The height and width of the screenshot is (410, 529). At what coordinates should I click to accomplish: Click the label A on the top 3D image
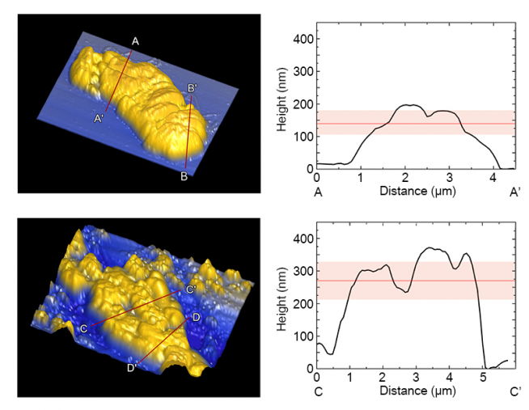pyautogui.click(x=135, y=40)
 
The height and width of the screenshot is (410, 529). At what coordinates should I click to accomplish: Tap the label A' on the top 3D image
pyautogui.click(x=99, y=119)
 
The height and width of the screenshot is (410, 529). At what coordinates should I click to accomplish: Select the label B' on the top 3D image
pyautogui.click(x=193, y=88)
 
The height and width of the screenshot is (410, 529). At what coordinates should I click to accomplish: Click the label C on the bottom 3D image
pyautogui.click(x=83, y=328)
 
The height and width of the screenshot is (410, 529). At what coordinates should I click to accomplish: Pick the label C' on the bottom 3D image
pyautogui.click(x=191, y=289)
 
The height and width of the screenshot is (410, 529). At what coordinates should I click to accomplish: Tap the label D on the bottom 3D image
pyautogui.click(x=195, y=318)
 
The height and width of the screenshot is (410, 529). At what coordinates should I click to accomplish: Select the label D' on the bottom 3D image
pyautogui.click(x=131, y=368)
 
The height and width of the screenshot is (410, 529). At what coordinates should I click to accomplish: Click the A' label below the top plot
pyautogui.click(x=514, y=192)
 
